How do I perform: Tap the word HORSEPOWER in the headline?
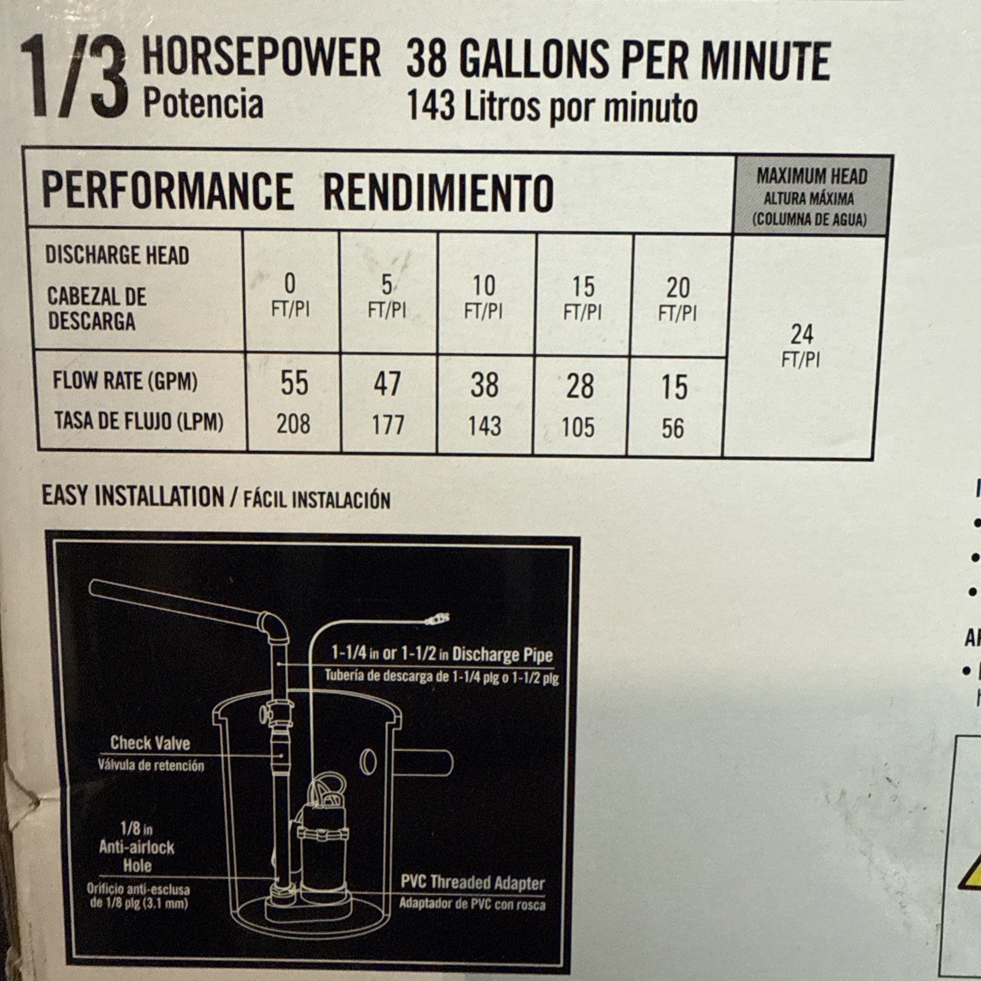tap(262, 58)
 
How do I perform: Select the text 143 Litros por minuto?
tap(552, 107)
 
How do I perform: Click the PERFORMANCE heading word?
tap(167, 191)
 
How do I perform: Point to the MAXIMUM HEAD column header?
tap(812, 177)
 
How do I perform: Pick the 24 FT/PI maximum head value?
tap(801, 345)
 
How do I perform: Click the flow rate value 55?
tap(294, 383)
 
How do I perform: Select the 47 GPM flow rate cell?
tap(387, 384)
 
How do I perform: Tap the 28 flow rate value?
tap(579, 386)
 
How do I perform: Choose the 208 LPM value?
tap(293, 424)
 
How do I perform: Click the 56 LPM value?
tap(673, 429)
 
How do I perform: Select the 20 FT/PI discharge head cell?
tap(678, 299)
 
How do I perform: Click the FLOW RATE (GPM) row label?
tap(125, 381)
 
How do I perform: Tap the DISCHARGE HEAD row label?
tap(117, 256)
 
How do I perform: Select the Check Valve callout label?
tap(150, 743)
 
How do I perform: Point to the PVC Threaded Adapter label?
tap(473, 883)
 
